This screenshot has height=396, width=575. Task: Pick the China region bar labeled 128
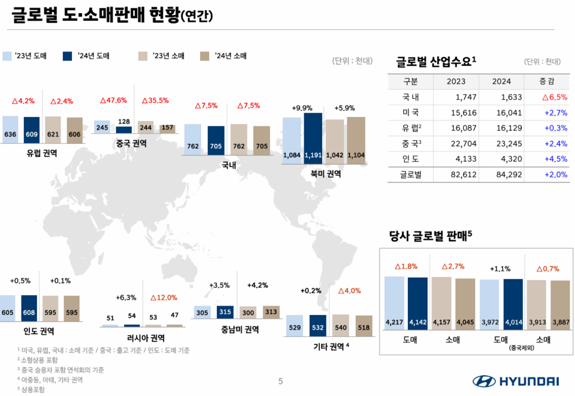124,129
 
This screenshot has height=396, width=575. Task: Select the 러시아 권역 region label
141,337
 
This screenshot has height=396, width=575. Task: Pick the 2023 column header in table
456,81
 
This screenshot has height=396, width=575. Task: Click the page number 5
280,381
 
